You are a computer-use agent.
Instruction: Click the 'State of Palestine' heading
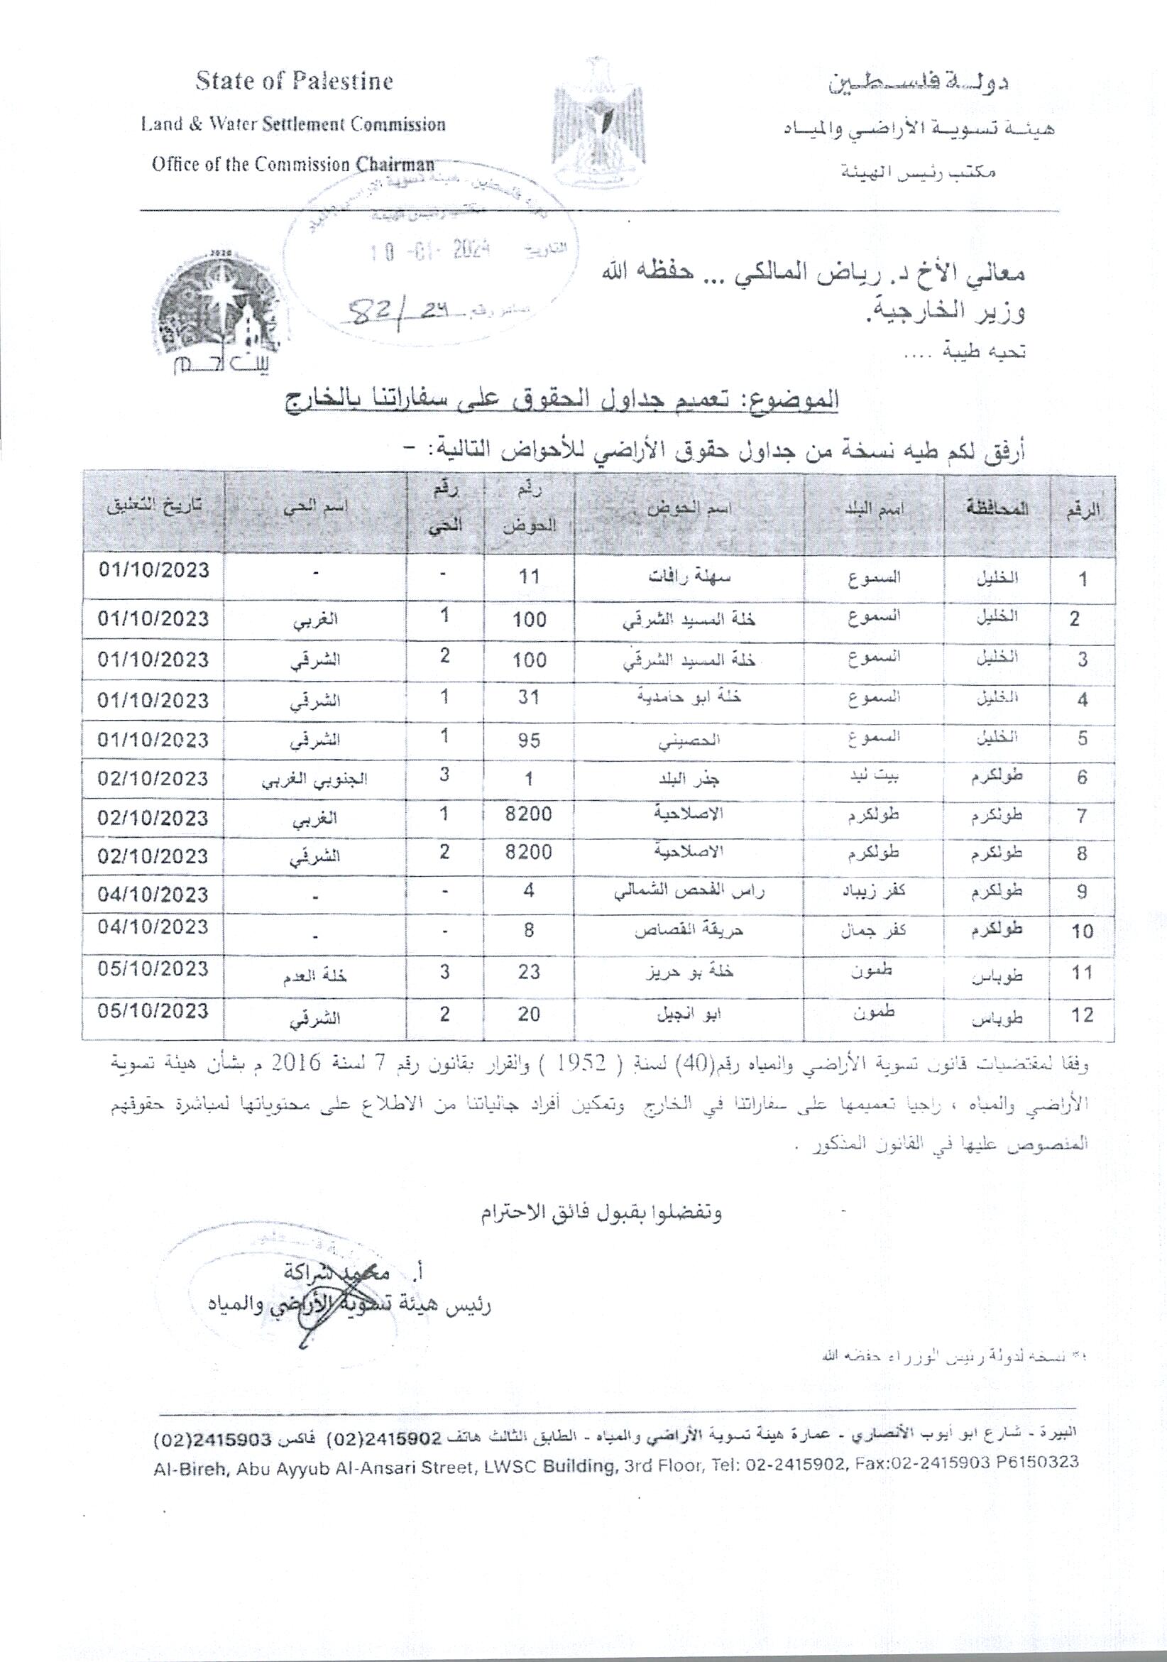(293, 81)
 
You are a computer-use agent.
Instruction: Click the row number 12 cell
(1082, 1015)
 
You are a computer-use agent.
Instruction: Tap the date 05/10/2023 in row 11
(153, 968)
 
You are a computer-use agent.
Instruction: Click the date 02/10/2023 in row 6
(153, 779)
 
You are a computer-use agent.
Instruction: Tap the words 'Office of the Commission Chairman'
(292, 165)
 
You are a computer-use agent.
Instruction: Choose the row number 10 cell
(1082, 931)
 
